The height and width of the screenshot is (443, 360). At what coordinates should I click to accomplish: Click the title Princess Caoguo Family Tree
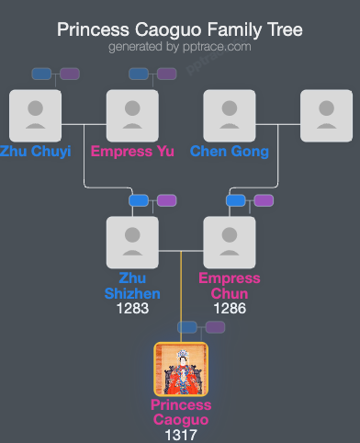(x=180, y=29)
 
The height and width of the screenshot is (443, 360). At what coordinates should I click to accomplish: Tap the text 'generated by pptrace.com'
(x=180, y=46)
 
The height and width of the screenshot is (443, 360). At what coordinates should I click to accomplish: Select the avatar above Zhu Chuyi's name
(x=35, y=116)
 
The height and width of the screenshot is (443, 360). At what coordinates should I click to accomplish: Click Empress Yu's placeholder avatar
(x=132, y=116)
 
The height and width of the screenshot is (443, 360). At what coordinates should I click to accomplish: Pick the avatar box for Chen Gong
(x=230, y=116)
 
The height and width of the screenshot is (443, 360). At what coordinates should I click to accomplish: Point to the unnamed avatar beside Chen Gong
(x=327, y=116)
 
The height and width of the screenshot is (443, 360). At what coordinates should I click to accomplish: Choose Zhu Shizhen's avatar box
(x=132, y=243)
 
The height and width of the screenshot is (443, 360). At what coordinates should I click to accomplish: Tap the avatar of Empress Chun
(x=230, y=243)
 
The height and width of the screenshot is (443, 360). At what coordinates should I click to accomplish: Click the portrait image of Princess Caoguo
(x=181, y=369)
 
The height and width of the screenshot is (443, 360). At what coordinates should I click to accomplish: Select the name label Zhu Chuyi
(x=35, y=151)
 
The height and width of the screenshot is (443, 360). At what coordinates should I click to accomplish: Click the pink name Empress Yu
(x=132, y=151)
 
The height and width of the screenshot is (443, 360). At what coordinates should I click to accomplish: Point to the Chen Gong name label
(x=230, y=151)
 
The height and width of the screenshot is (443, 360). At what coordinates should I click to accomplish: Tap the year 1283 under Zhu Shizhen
(x=132, y=309)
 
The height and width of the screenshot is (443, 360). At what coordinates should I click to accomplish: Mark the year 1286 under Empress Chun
(x=230, y=309)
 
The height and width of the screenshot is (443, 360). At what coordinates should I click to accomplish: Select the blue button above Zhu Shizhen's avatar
(x=139, y=200)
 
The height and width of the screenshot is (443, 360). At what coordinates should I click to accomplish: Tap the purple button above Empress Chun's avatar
(x=264, y=200)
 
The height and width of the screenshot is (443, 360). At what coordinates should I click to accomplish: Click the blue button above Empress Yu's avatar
(x=139, y=74)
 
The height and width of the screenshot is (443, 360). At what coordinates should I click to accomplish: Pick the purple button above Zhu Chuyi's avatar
(x=70, y=74)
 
